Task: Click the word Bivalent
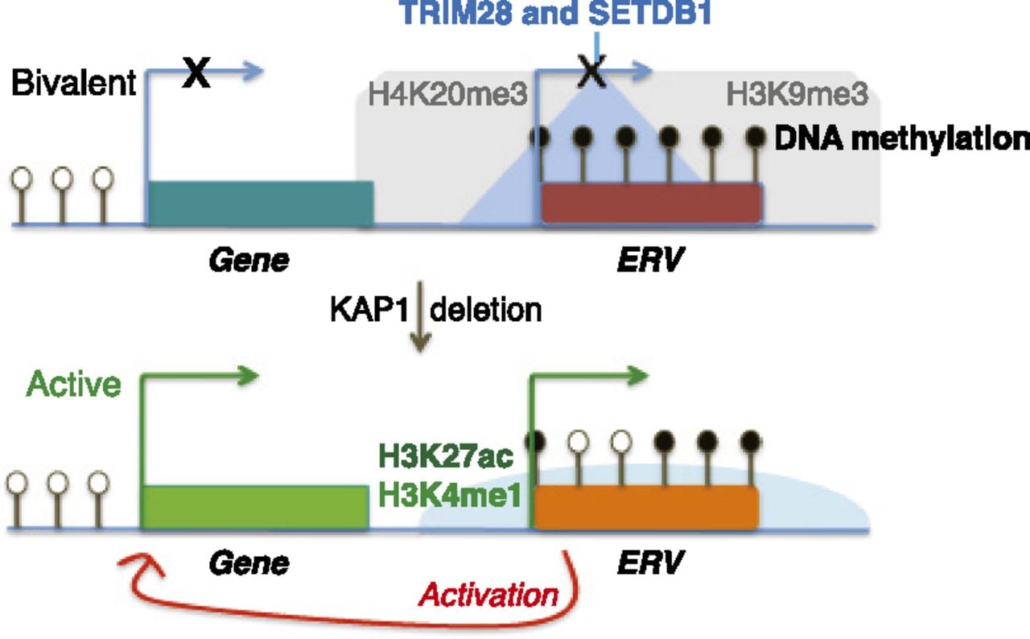click(73, 83)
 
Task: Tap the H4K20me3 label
click(447, 94)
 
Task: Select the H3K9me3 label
click(797, 94)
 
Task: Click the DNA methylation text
click(902, 138)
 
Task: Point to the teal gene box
click(260, 204)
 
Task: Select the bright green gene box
click(255, 508)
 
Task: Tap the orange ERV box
click(646, 508)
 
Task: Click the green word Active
click(73, 384)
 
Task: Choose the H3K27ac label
click(446, 456)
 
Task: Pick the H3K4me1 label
click(449, 496)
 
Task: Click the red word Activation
click(488, 595)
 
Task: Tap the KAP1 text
click(369, 309)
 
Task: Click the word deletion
click(485, 309)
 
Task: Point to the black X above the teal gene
click(197, 72)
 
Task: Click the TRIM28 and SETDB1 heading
click(556, 13)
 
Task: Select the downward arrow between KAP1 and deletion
click(420, 317)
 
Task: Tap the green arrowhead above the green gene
click(249, 376)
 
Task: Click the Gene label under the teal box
click(249, 260)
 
